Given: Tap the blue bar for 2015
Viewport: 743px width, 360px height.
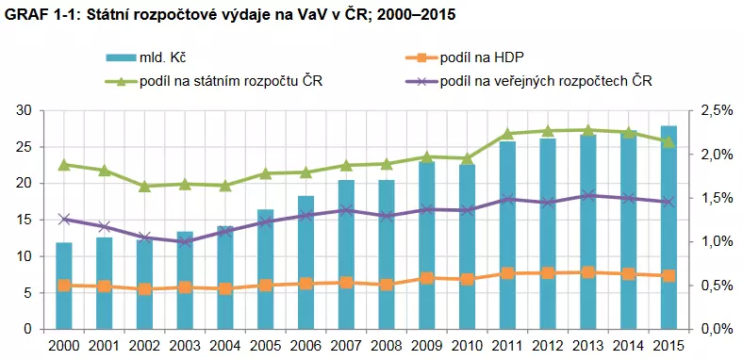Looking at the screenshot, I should tap(669, 226).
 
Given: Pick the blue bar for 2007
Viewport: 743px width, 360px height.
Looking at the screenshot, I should tap(346, 254).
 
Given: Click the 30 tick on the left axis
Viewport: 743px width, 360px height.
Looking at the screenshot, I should tap(25, 111).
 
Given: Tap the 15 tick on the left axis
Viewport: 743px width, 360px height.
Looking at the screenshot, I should tap(25, 220).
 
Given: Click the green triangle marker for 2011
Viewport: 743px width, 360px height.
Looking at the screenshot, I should tap(507, 134).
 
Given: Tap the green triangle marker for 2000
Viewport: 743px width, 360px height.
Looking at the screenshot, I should tap(64, 165).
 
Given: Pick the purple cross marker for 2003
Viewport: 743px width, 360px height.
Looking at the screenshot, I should tap(185, 242).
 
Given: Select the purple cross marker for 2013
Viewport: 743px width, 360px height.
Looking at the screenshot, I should tap(587, 195).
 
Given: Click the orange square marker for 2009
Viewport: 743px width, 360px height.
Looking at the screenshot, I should tap(427, 278).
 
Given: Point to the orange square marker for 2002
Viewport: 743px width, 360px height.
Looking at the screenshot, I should tap(144, 289).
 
